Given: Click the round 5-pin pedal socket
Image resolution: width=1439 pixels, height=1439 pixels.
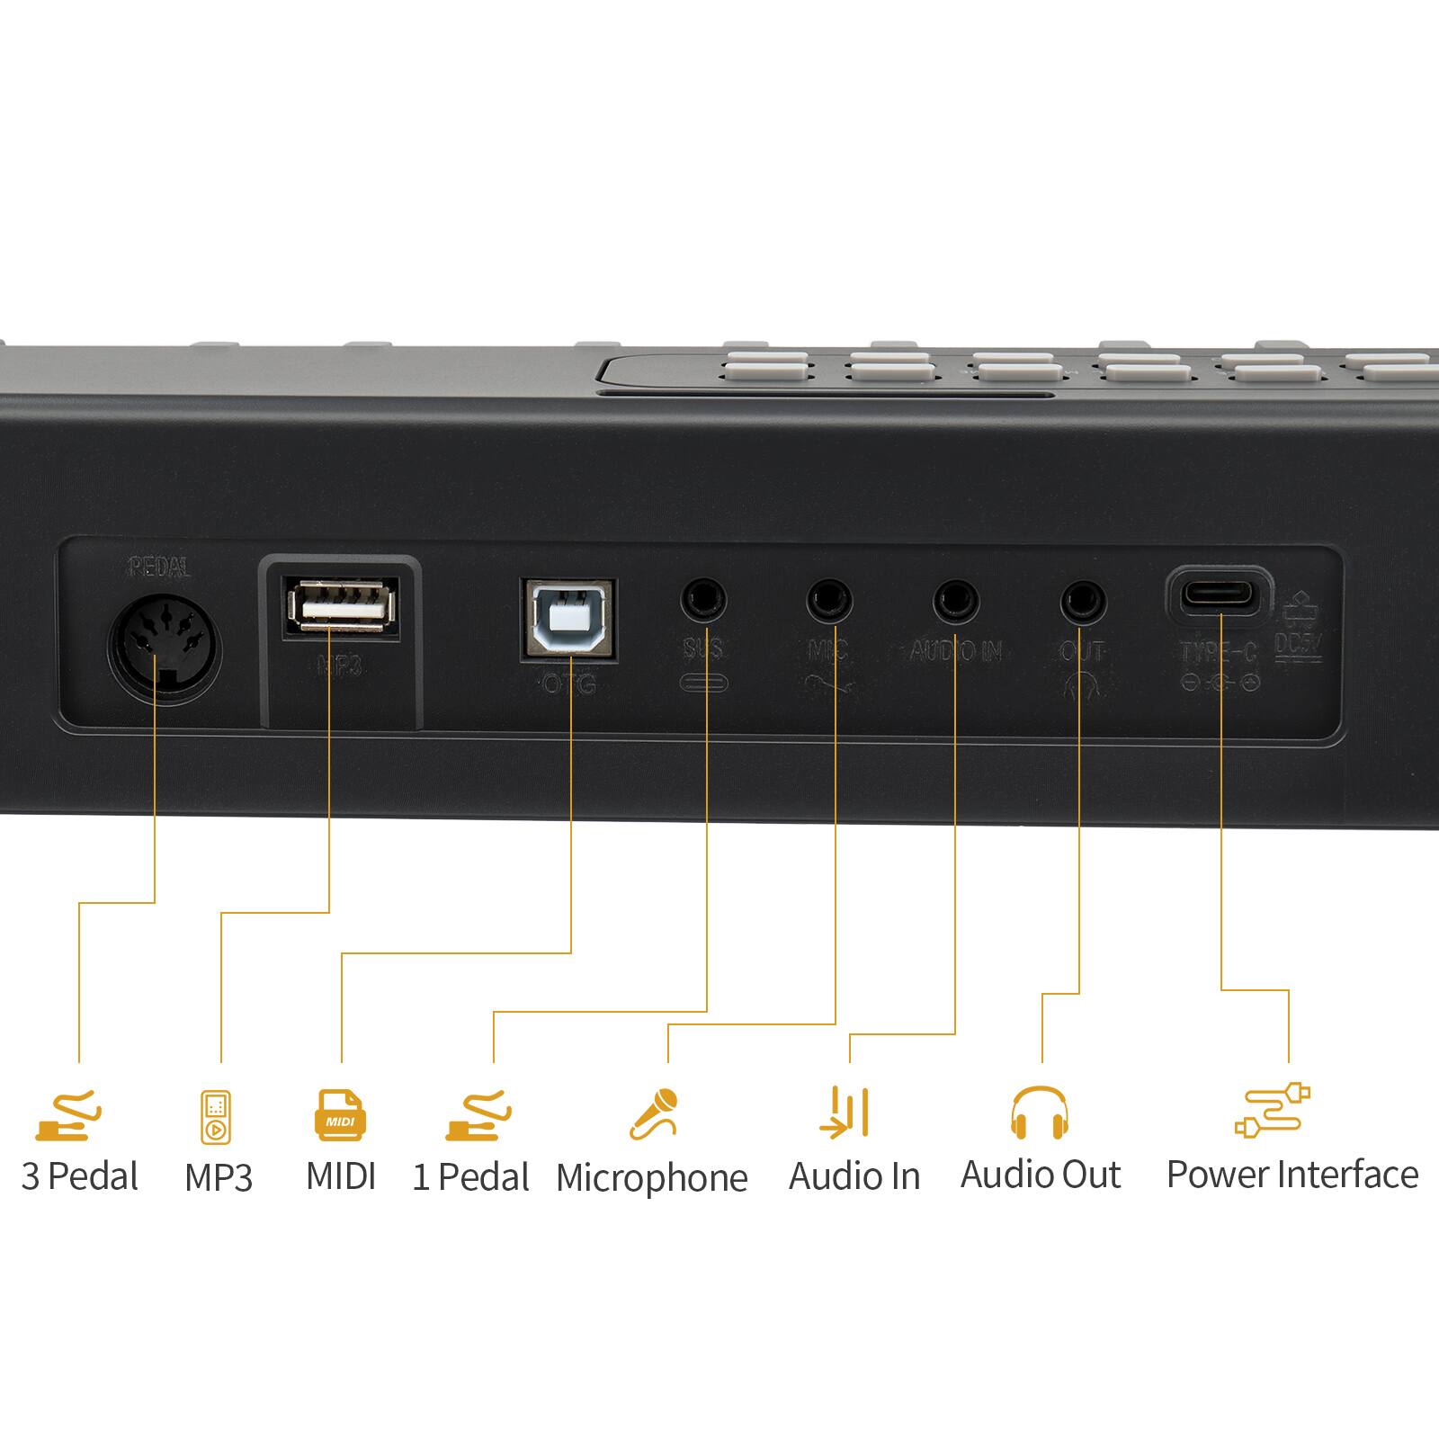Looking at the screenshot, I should (x=165, y=646).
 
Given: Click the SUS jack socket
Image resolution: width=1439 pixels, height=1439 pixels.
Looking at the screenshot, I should (x=703, y=600).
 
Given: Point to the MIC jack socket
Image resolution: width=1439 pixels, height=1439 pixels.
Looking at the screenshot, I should (x=828, y=600).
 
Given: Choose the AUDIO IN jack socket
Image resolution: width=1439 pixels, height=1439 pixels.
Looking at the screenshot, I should (x=955, y=600).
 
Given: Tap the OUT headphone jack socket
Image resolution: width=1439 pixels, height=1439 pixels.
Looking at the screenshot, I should (x=1083, y=600).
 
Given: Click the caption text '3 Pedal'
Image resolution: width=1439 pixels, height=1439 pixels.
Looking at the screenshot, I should (x=79, y=1176).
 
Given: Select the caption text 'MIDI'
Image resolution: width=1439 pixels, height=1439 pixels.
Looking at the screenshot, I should (x=341, y=1176).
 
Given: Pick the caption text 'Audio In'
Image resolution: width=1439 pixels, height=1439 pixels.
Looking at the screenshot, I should (x=854, y=1176).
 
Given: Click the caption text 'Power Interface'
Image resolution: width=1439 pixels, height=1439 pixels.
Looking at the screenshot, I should (x=1292, y=1175).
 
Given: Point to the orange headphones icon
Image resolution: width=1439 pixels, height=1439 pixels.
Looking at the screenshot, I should (x=1040, y=1113).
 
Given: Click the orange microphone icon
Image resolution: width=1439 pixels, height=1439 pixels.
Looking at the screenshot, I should (x=655, y=1113).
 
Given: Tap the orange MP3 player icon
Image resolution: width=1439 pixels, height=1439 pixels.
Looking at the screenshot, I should (x=216, y=1117).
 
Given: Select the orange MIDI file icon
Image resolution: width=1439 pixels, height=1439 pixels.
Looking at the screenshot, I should (x=341, y=1115).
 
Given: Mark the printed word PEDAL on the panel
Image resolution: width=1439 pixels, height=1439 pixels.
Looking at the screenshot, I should (x=159, y=568).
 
